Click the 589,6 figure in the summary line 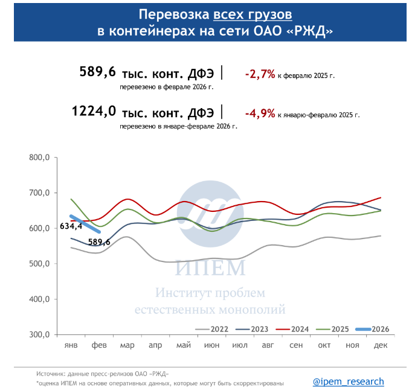click(x=97, y=72)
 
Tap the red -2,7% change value click(x=260, y=74)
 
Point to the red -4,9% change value click(x=260, y=113)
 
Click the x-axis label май click(x=184, y=345)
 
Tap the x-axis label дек click(x=381, y=345)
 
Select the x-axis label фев click(x=99, y=345)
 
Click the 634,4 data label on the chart click(x=71, y=227)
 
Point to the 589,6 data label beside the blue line click(x=99, y=242)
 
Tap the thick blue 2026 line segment click(x=85, y=223)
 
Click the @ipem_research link click(x=348, y=382)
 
